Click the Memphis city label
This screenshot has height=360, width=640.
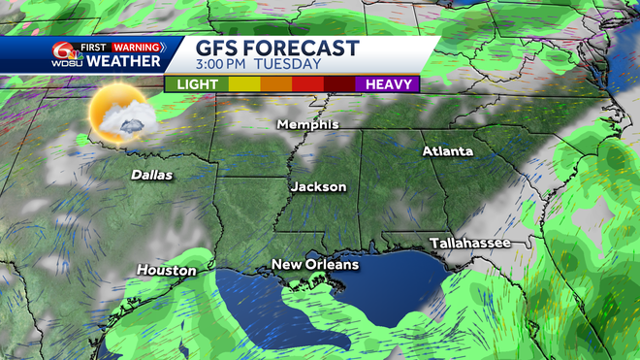[x=307, y=124]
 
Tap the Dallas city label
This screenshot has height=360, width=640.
[x=152, y=176]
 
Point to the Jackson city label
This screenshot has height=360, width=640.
[x=318, y=186]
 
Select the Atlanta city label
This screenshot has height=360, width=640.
[x=447, y=151]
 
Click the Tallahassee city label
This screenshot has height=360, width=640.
[x=470, y=243]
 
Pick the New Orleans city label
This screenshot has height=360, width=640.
[x=314, y=264]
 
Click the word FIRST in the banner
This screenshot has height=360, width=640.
[x=93, y=46]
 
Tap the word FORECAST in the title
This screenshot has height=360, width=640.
[x=306, y=49]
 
